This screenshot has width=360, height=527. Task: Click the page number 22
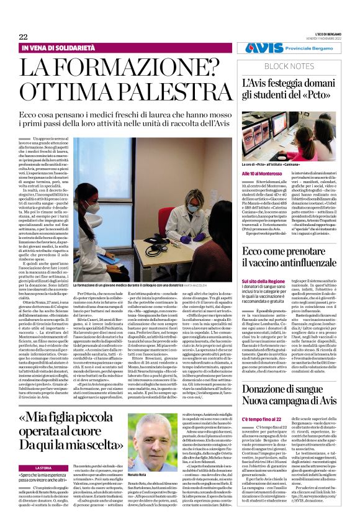tap(23, 37)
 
